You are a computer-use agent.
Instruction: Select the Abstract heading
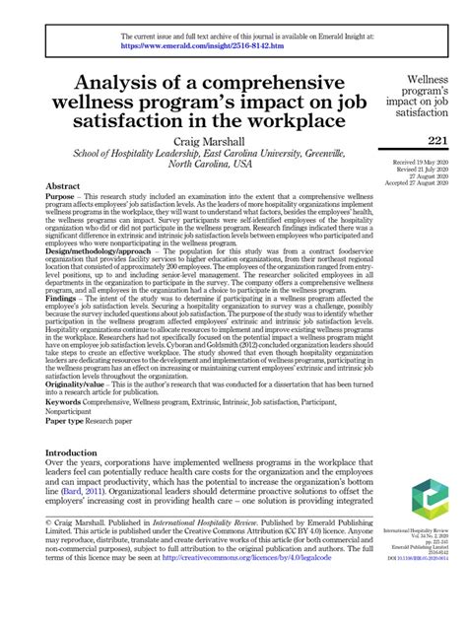pyautogui.click(x=65, y=186)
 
